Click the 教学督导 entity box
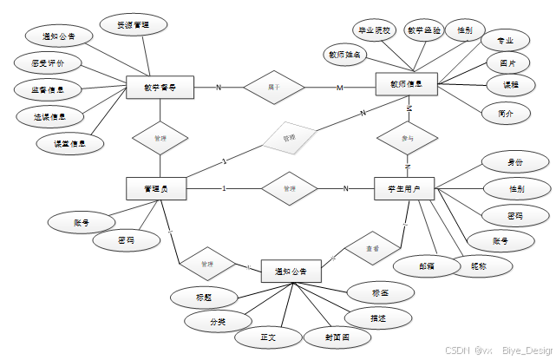pos(159,88)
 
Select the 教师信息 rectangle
pos(405,85)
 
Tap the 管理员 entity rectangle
pos(157,188)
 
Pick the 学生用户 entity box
pos(404,188)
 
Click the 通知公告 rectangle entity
pos(291,272)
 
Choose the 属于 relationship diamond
pos(274,88)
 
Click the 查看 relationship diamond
pos(371,248)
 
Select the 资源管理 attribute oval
pos(133,25)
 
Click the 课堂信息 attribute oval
pos(69,143)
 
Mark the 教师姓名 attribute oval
pos(345,55)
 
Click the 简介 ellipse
pos(505,114)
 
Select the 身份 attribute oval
pos(515,161)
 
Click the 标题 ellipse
pos(204,298)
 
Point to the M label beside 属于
pos(340,88)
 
